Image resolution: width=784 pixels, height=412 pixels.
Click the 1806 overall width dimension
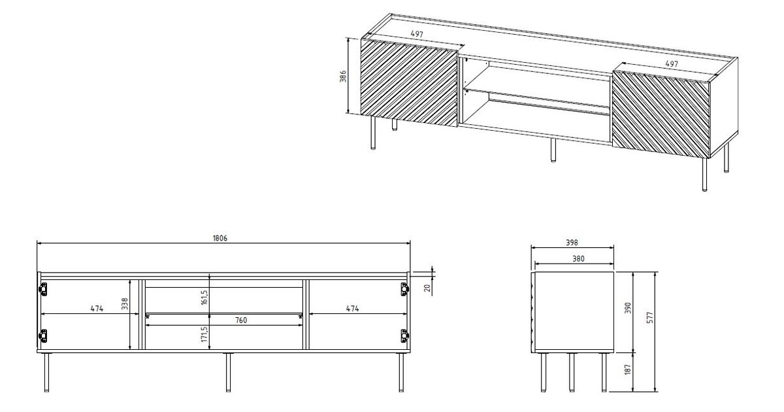220,238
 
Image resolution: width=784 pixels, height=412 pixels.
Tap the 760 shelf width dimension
241,320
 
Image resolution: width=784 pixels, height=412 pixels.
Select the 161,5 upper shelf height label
204,297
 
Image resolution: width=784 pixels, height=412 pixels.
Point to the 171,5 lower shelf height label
204,334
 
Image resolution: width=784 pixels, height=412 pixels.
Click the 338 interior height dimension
125,303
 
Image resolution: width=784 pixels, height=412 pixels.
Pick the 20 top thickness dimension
427,288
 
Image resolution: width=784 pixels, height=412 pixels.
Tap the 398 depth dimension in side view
572,243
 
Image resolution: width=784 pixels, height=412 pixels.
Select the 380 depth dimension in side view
578,259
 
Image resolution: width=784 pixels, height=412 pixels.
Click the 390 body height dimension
629,307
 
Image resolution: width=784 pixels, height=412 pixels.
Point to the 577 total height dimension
650,317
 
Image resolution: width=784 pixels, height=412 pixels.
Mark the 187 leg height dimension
628,369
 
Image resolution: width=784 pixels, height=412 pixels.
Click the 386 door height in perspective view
344,77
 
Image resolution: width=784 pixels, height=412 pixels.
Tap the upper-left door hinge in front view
42,289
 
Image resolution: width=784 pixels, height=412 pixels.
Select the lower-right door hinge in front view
404,336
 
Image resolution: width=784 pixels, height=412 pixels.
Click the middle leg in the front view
228,372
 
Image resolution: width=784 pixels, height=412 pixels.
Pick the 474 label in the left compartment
97,309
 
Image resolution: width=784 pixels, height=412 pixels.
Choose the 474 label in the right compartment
352,309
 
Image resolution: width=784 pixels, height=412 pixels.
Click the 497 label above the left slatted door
417,34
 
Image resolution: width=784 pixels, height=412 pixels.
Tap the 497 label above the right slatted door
672,64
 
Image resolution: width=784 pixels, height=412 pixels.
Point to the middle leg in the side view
572,372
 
